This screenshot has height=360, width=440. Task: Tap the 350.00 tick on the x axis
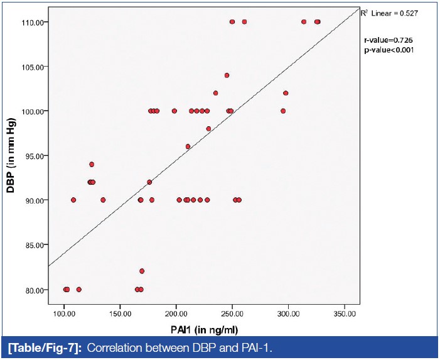(344, 313)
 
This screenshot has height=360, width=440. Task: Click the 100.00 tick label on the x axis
(63, 313)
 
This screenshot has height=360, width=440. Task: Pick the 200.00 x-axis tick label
(176, 313)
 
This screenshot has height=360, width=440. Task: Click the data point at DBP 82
(142, 271)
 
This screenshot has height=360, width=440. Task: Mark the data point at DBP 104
(227, 75)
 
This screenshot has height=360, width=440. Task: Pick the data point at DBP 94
(92, 164)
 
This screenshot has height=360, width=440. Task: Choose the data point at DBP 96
(188, 146)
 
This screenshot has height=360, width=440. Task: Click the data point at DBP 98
(209, 129)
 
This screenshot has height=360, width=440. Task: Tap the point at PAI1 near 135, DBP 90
(103, 200)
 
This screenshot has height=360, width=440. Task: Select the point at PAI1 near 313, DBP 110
(304, 21)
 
